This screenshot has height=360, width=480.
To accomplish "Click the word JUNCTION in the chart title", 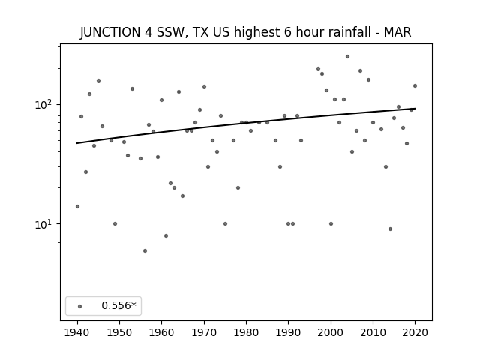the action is (x=110, y=32).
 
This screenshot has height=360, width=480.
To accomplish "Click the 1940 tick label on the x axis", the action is (x=77, y=332).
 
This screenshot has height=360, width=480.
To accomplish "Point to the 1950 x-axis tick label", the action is (x=120, y=332).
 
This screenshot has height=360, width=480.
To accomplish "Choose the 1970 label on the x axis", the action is (x=204, y=332).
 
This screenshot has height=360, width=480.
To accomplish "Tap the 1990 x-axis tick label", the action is (x=288, y=332).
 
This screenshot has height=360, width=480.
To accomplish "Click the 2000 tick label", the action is (x=331, y=332).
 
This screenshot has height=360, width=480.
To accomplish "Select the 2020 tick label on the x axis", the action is (x=415, y=332).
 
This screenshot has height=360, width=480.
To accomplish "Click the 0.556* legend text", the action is (x=118, y=305).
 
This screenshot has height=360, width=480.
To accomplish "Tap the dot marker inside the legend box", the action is (x=80, y=306).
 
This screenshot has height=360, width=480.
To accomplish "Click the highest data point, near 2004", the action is (x=347, y=57).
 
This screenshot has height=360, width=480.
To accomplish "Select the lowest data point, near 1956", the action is (x=145, y=250).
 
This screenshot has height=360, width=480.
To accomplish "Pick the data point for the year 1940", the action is (x=77, y=207).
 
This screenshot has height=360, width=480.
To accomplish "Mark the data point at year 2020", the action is (x=415, y=85).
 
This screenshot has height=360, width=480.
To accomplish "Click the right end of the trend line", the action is (x=415, y=108).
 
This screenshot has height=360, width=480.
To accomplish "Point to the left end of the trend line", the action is (x=76, y=143).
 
